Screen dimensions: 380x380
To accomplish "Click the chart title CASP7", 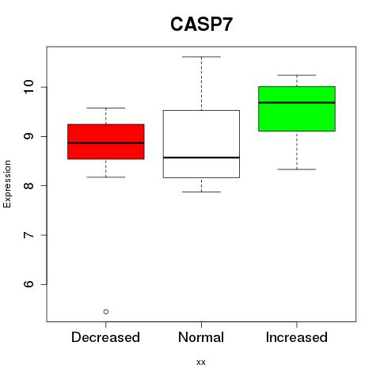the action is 201,25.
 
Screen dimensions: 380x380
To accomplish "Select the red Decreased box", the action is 106,142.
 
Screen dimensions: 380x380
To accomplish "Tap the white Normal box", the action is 201,144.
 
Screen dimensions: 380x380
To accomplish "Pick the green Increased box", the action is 297,108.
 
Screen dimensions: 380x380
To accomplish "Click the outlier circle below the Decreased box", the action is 106,312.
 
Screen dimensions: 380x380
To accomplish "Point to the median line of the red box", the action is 106,143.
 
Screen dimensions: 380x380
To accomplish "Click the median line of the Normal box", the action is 201,158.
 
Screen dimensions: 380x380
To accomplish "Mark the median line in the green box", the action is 297,102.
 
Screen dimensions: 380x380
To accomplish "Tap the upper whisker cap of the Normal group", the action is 201,57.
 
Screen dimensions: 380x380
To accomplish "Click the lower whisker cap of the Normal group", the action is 201,192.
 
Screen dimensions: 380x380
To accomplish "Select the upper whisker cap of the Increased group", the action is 297,75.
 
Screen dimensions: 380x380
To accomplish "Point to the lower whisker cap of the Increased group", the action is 297,169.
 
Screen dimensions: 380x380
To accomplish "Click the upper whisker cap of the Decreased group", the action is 106,108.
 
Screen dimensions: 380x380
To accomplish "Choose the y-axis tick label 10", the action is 29,87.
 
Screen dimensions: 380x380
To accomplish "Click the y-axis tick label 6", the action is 29,284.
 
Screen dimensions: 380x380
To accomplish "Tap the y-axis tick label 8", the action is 29,185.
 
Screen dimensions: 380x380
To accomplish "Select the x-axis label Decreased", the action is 105,337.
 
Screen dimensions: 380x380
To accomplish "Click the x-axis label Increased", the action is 297,337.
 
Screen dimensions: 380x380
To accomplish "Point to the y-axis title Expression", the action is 7,184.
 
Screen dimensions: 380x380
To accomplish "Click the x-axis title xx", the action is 201,363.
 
